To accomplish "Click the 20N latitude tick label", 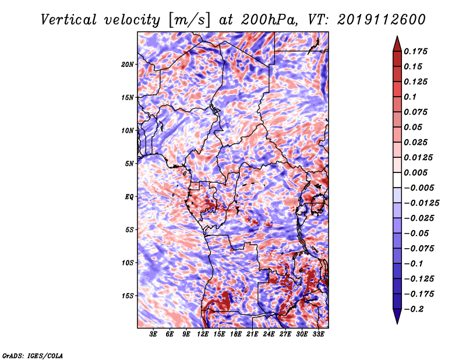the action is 128,65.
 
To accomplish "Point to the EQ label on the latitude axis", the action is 129,197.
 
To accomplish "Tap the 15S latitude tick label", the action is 128,296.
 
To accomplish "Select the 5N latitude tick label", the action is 129,164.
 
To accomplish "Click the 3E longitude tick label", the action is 153,334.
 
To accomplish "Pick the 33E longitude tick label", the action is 318,334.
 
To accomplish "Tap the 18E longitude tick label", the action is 236,334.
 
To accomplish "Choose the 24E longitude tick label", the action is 269,334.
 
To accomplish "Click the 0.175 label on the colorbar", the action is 415,51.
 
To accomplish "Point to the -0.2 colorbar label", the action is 414,309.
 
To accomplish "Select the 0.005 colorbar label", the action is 415,172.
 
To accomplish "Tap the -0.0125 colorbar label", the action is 421,203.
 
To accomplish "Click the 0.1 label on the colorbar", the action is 410,97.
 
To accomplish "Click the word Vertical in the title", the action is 68,20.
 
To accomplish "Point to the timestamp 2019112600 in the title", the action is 382,20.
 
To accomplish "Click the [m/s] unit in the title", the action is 189,20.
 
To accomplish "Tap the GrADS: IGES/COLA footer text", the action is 33,355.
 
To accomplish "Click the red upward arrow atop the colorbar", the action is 397,44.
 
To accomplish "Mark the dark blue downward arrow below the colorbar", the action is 397,316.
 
